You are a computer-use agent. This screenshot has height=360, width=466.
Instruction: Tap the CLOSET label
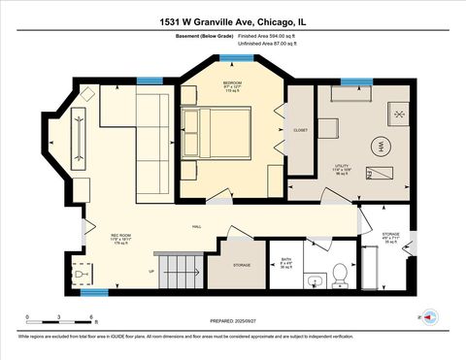300,130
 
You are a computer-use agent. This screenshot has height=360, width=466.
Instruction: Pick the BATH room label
285,259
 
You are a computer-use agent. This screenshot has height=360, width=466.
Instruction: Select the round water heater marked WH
383,146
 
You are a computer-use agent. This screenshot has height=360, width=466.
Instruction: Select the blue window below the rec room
93,292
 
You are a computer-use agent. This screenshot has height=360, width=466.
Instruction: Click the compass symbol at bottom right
428,316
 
